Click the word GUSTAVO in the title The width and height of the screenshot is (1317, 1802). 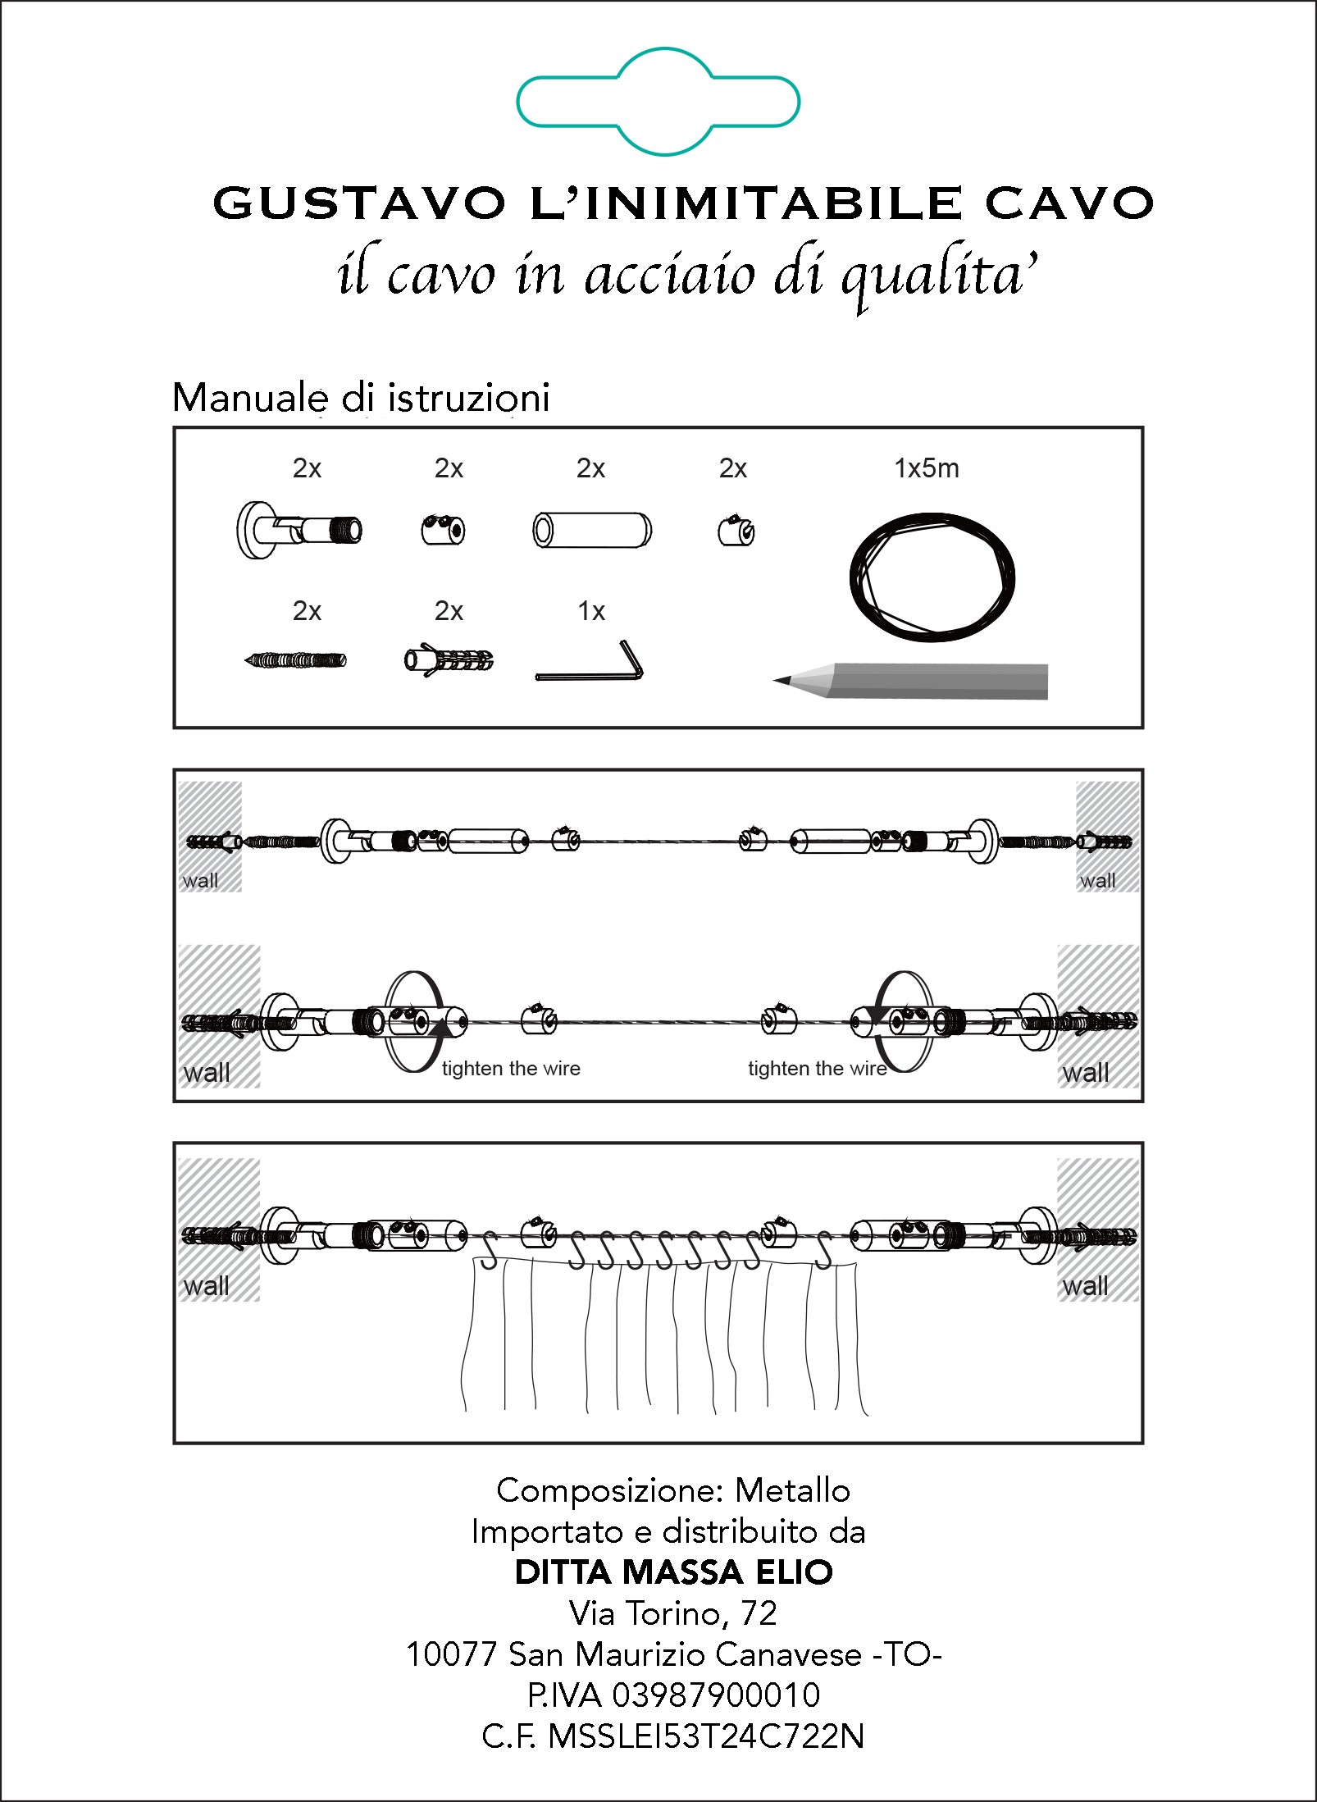359,203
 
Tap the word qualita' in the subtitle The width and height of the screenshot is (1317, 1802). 940,276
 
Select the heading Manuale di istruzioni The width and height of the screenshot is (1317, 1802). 361,398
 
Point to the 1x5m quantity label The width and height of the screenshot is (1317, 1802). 927,468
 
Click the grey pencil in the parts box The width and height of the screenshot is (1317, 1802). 910,681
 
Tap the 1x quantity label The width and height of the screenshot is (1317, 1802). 591,611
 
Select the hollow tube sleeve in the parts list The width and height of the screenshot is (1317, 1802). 592,530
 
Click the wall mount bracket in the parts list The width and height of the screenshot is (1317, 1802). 299,531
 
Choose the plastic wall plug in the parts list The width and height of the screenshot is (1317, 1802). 449,660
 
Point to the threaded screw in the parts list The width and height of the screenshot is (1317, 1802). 296,659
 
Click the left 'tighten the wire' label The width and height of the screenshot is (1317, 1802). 511,1069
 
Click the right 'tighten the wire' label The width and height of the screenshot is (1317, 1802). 818,1069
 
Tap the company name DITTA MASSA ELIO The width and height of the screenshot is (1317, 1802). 674,1572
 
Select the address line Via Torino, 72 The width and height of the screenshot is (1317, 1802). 673,1613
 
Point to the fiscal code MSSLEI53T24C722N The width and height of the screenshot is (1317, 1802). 706,1736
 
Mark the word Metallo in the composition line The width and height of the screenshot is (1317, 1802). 792,1490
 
